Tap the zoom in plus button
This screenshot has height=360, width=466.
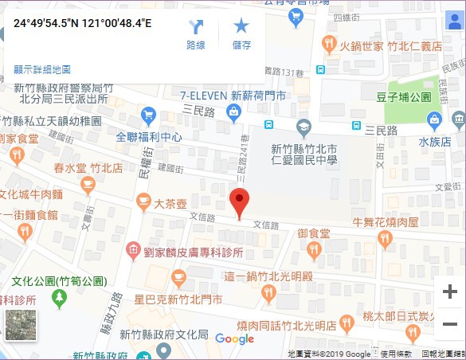pyautogui.click(x=449, y=292)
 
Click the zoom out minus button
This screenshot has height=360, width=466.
pyautogui.click(x=449, y=324)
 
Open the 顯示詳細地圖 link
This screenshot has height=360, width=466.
pyautogui.click(x=42, y=70)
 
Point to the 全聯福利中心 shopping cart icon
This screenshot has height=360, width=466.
pyautogui.click(x=148, y=115)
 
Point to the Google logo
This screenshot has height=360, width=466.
pyautogui.click(x=234, y=339)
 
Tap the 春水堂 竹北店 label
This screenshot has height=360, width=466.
pyautogui.click(x=88, y=169)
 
